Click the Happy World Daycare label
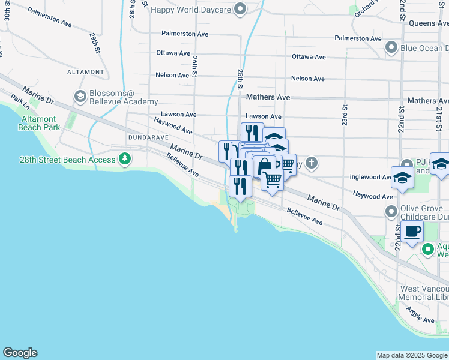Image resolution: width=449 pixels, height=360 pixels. click(190, 10)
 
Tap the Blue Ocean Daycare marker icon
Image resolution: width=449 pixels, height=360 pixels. click(391, 47)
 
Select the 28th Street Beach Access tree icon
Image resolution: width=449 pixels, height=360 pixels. click(125, 159)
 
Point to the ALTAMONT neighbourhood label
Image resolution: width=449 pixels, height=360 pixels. click(86, 72)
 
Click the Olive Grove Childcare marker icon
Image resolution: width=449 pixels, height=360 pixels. click(391, 211)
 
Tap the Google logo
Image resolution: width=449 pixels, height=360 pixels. click(20, 353)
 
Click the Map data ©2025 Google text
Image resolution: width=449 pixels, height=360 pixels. click(411, 355)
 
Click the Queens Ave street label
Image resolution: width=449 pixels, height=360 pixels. click(429, 23)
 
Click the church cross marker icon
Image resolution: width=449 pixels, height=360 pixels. click(311, 162)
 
